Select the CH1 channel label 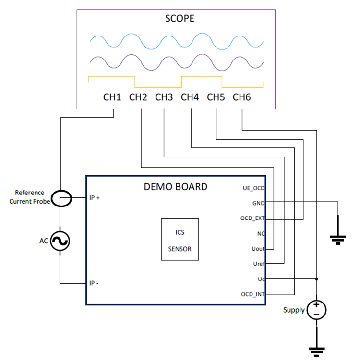112,97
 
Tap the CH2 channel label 138,97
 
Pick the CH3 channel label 164,97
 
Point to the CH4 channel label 190,97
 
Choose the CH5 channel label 216,97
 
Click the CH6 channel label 242,97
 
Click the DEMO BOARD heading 176,187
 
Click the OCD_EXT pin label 252,218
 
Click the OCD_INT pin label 253,294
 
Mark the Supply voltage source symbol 316,309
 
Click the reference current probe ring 61,198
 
